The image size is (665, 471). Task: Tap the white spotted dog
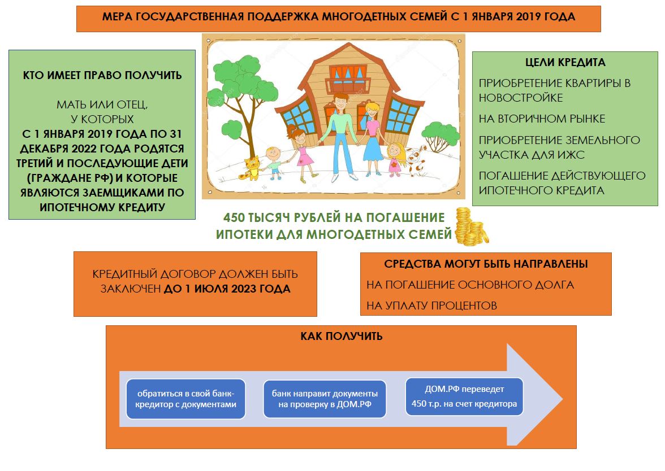[x=416, y=160]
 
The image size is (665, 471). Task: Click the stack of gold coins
[x=471, y=227]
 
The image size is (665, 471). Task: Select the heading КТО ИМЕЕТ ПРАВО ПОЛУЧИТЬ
[x=102, y=76]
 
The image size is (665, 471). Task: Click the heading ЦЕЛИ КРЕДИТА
[x=565, y=62]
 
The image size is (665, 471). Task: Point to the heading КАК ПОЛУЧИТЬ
[x=342, y=337]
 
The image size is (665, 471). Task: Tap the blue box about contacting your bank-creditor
[x=185, y=399]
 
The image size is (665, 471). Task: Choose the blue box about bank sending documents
[x=325, y=399]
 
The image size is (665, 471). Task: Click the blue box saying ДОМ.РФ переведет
[x=464, y=396]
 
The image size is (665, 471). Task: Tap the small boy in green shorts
[x=274, y=163]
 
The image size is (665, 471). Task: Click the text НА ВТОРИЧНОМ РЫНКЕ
[x=542, y=119]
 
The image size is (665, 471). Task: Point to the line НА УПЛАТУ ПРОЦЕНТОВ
[x=431, y=306]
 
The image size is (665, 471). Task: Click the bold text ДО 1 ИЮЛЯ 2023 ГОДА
[x=227, y=289]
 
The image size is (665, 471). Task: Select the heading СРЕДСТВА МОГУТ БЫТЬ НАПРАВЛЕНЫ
[x=486, y=264]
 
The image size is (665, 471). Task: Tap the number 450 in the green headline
[x=234, y=218]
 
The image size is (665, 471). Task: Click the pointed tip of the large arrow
[x=562, y=398]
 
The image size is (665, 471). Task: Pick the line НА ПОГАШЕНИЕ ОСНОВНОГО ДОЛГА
[x=470, y=285]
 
